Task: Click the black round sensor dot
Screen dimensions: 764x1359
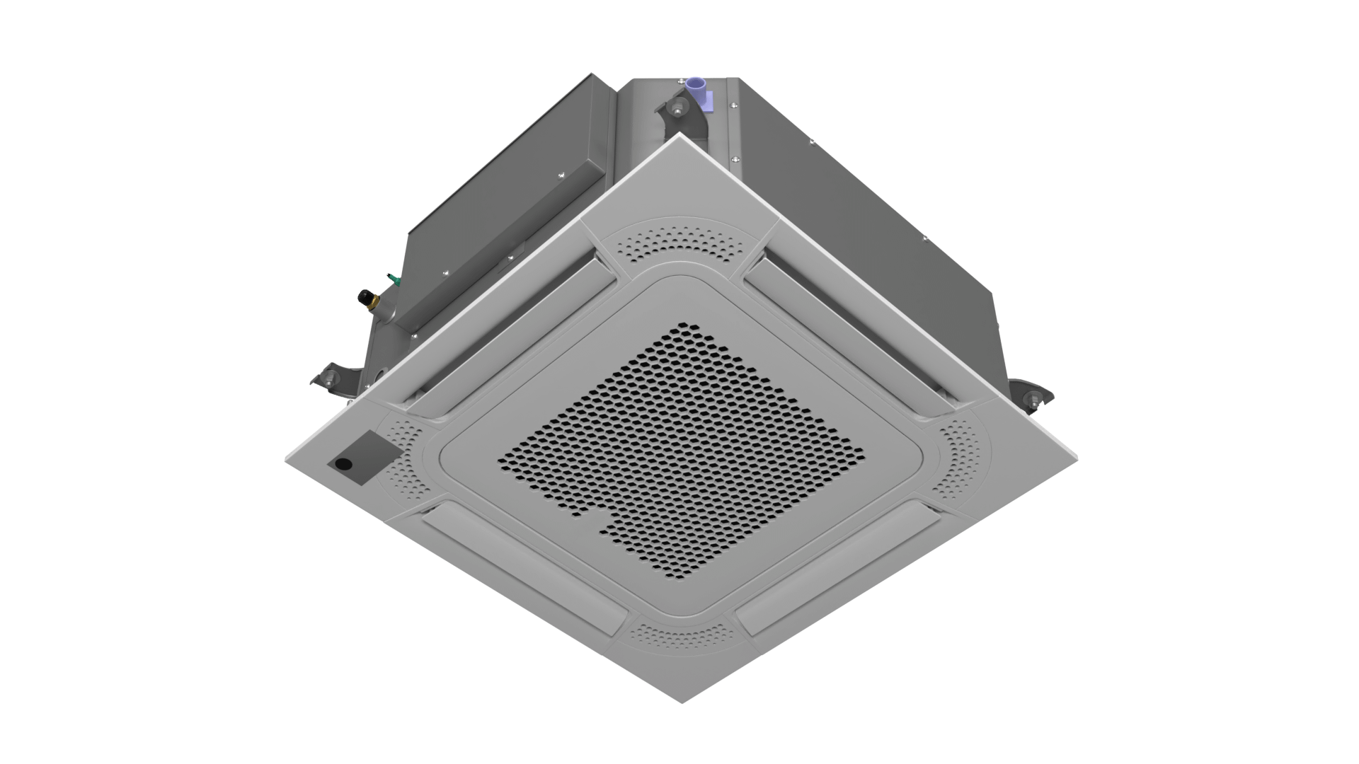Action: [x=343, y=464]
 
